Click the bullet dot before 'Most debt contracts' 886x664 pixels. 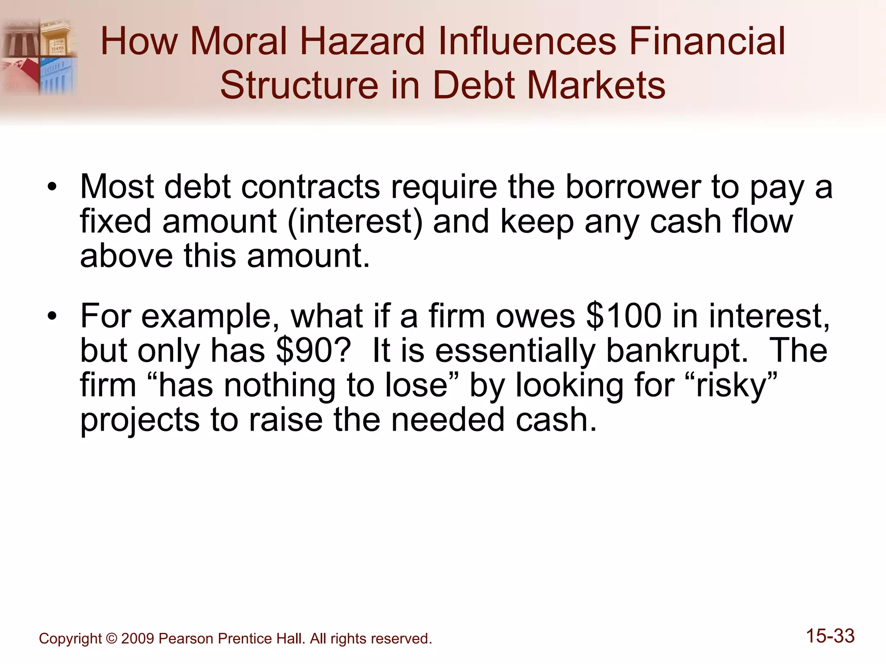pos(52,188)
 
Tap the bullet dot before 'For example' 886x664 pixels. pos(52,316)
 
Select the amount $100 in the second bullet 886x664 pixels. pos(623,316)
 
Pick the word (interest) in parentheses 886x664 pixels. pos(355,221)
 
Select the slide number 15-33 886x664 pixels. pos(830,636)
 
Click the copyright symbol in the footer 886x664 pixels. pos(111,638)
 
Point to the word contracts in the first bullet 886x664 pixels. pos(310,187)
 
